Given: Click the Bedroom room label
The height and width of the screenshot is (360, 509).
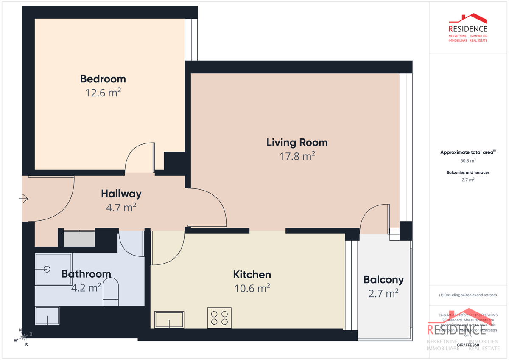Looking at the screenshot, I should [x=103, y=79].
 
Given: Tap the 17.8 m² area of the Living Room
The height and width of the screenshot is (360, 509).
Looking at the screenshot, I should [x=297, y=156].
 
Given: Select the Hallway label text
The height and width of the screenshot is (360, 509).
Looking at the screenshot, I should [x=121, y=194].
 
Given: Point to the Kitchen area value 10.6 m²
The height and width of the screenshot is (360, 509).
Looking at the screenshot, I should [x=252, y=289].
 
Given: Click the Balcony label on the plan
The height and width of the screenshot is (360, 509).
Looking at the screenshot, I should [x=383, y=280].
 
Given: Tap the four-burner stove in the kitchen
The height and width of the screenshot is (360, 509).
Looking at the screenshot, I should [x=219, y=318].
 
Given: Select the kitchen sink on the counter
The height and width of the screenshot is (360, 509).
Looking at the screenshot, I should [x=169, y=320].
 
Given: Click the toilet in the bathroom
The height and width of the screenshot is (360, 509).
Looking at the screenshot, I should [x=111, y=292].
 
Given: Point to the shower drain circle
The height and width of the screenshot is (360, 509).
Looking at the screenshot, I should [x=47, y=269].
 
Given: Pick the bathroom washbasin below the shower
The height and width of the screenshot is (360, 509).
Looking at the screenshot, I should [x=47, y=316].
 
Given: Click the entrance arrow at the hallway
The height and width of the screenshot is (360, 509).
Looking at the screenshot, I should [x=23, y=198].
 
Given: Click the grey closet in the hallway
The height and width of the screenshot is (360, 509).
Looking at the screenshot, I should [x=79, y=239].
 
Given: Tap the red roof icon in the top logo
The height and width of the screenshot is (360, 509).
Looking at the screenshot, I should [x=468, y=19].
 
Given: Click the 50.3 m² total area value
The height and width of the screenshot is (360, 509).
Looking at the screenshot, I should [x=468, y=161].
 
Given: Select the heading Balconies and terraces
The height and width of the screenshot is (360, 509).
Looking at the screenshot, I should [x=468, y=172].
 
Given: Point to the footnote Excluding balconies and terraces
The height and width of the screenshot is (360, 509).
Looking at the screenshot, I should [x=468, y=295].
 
